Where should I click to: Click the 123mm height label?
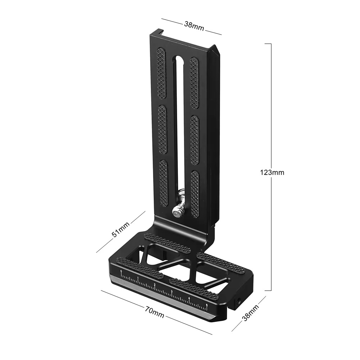272,172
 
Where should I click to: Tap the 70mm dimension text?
155,312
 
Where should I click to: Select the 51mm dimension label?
121,229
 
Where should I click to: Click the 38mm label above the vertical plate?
194,26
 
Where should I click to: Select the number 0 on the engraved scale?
121,271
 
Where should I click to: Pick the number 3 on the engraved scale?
171,291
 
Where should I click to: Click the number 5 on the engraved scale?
207,305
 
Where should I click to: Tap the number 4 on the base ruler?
189,298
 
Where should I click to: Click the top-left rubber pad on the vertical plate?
161,74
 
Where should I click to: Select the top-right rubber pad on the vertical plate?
194,83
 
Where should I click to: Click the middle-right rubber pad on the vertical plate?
195,140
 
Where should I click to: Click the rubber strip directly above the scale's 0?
139,267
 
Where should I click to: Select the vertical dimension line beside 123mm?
271,108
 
